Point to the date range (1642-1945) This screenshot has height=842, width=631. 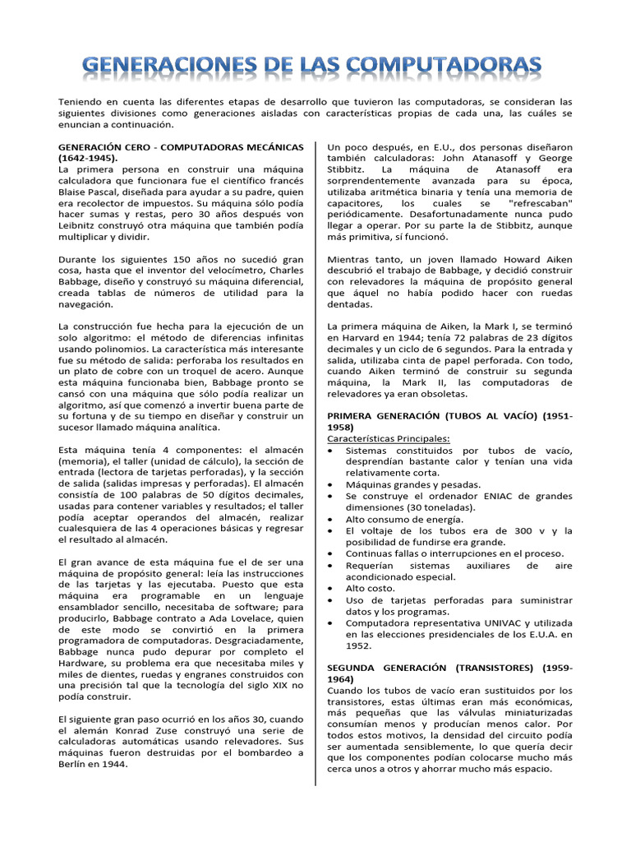tap(88, 157)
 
